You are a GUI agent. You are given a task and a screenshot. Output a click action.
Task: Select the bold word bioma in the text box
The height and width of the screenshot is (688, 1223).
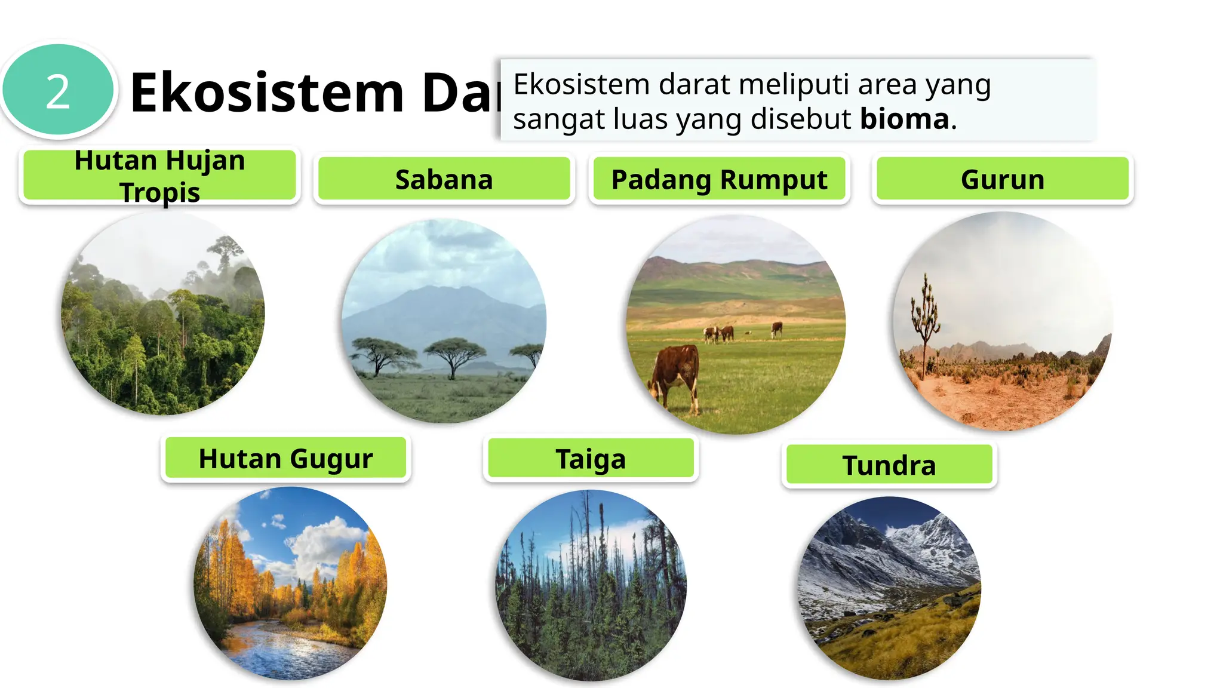click(904, 119)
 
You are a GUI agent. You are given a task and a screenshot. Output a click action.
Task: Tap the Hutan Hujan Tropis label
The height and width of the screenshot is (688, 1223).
click(159, 176)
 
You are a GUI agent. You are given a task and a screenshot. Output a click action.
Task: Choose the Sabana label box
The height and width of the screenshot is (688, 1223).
click(444, 179)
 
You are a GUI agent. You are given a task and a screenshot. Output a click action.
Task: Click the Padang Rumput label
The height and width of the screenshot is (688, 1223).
click(719, 179)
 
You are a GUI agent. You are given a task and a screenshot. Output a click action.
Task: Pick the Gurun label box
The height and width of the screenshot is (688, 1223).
click(1002, 179)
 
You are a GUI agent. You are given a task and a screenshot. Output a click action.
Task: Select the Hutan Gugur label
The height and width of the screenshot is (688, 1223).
click(285, 459)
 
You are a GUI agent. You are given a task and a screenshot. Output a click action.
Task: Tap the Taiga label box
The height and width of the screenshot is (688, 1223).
click(591, 459)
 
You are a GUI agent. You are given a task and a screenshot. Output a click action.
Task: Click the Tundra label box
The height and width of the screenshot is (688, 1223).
click(889, 465)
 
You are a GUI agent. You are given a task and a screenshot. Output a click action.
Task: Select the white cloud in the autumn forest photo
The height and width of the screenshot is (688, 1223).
click(325, 543)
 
